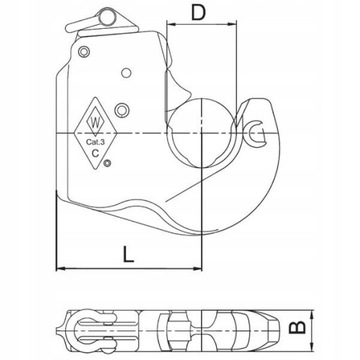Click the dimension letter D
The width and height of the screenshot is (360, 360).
[198, 13]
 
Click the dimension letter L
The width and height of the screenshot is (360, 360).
[128, 254]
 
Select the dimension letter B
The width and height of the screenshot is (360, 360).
[297, 327]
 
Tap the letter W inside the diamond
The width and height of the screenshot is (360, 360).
[95, 122]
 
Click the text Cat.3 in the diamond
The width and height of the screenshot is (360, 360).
[95, 142]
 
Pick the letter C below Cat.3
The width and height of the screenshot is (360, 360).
[95, 153]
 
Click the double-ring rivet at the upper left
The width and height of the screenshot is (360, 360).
[84, 52]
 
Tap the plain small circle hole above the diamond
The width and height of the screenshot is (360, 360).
[126, 73]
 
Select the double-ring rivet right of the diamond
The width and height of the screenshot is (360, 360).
[121, 110]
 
